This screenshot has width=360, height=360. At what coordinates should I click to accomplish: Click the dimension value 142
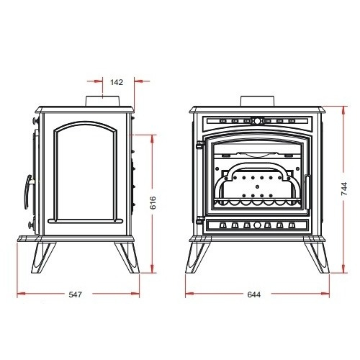tap(117, 82)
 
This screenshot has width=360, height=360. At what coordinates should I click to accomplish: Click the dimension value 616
tap(153, 202)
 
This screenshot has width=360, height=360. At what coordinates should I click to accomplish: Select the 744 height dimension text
tap(344, 189)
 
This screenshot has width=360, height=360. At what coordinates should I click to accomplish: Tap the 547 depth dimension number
tap(76, 294)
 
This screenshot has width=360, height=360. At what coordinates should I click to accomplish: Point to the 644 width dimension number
tap(253, 294)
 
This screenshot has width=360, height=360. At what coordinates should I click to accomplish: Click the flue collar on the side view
tap(102, 101)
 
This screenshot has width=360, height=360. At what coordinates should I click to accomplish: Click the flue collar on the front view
tap(257, 101)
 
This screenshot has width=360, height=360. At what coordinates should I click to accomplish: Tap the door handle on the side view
tap(27, 192)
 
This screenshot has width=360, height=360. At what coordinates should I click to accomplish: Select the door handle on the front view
tap(307, 192)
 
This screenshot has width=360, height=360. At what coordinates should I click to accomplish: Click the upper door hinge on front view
tap(200, 145)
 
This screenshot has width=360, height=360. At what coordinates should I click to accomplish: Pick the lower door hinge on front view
tap(200, 220)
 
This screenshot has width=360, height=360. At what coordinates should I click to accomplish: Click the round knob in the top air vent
tap(257, 120)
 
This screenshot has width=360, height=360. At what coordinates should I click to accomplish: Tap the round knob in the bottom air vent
tap(257, 225)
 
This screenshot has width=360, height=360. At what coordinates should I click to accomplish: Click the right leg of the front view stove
tap(317, 255)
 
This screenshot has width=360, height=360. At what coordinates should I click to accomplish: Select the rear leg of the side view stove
tap(127, 257)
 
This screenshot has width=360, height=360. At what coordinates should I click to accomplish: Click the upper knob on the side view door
tap(35, 121)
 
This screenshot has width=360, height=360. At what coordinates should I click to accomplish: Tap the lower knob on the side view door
tap(32, 225)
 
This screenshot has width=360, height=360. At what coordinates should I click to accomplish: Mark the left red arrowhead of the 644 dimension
tap(189, 293)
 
